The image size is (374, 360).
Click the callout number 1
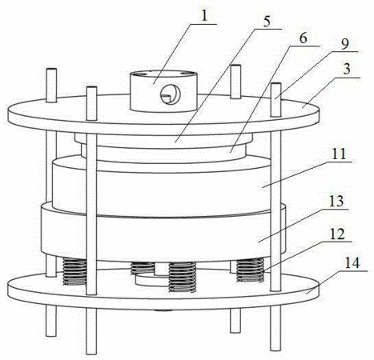pos(204,17)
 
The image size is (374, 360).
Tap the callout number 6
pos(303,39)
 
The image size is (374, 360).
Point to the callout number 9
pos(344,44)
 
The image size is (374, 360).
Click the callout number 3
pos(347,70)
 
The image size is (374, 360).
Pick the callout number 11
pos(338,154)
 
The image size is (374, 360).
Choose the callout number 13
pos(336,202)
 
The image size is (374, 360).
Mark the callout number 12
pos(337,234)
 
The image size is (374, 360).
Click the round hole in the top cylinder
pos(171,95)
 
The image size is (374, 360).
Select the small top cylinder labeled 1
pos(163,91)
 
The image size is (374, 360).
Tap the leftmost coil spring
pos(74,271)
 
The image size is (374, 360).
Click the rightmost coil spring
pos(251,270)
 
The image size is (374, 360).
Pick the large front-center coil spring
pos(183,277)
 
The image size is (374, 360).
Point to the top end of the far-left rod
pos(51,70)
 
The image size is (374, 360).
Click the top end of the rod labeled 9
pos(275,85)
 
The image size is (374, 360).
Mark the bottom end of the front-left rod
pos(91,353)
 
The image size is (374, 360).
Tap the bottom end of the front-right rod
pos(275,349)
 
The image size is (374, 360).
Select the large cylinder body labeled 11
pos(163,186)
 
